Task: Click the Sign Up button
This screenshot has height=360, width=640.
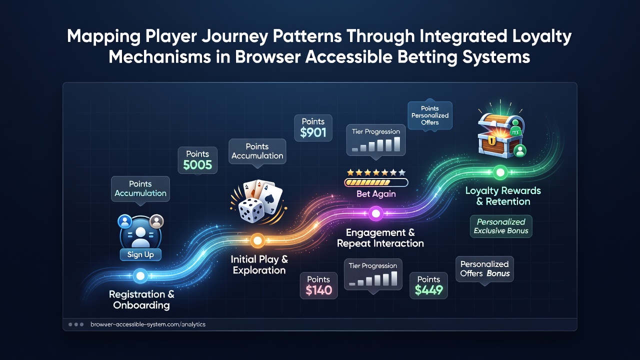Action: click(140, 254)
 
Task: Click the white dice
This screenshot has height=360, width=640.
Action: click(251, 211)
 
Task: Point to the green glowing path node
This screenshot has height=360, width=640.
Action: click(500, 172)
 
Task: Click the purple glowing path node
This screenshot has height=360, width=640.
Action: click(375, 213)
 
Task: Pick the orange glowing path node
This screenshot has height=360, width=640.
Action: click(257, 240)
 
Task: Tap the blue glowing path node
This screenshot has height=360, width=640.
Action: click(140, 275)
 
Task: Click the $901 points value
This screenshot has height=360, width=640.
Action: click(313, 132)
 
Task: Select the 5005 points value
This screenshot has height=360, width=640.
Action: click(197, 165)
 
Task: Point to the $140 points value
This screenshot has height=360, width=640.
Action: click(318, 290)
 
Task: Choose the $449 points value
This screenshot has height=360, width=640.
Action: click(428, 290)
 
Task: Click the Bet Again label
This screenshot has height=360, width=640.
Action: click(376, 193)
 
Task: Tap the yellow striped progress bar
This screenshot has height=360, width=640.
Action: click(376, 182)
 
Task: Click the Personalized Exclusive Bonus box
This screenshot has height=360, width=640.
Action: click(501, 226)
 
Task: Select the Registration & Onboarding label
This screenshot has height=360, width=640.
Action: click(141, 299)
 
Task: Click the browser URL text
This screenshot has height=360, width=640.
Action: click(147, 324)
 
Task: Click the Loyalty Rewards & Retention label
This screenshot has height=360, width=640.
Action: click(503, 196)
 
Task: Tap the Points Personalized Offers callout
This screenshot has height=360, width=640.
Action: click(430, 115)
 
